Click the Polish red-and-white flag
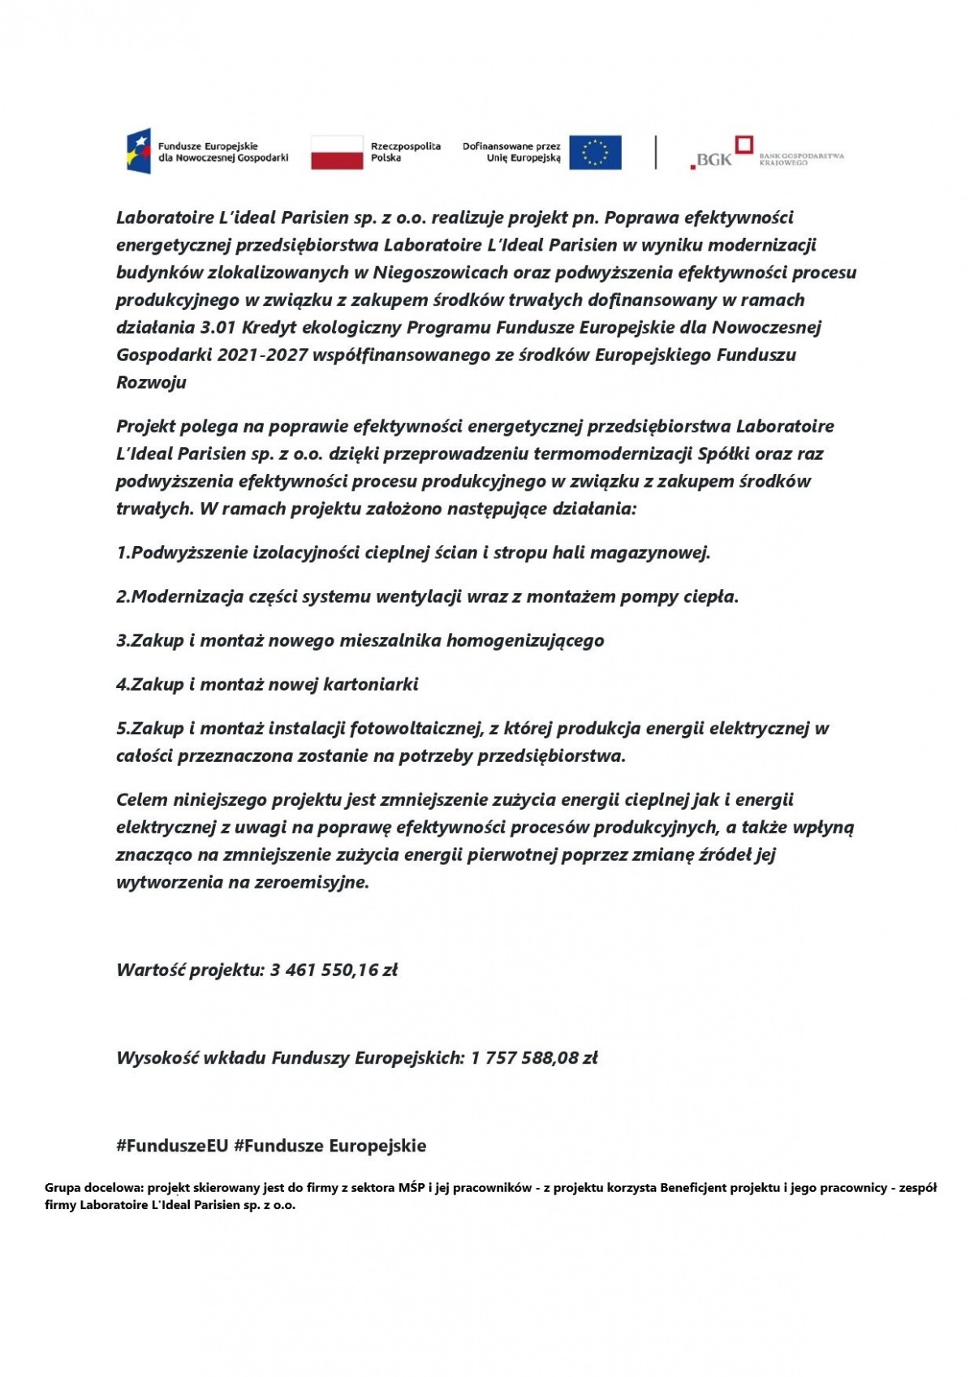click(337, 153)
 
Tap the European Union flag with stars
click(595, 153)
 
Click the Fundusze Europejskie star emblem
click(138, 152)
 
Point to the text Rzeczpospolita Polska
click(405, 152)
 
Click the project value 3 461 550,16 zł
click(334, 970)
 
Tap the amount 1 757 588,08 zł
click(533, 1057)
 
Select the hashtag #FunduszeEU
click(172, 1146)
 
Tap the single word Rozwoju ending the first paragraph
click(151, 382)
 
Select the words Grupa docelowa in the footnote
click(94, 1188)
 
